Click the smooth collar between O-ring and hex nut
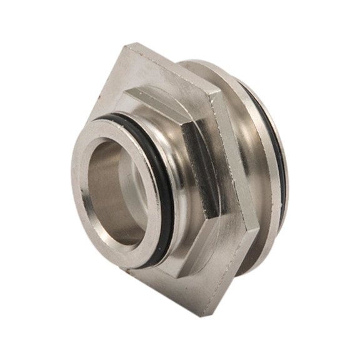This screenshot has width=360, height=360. [x=172, y=156]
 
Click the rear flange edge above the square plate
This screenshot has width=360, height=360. [x=206, y=66]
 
